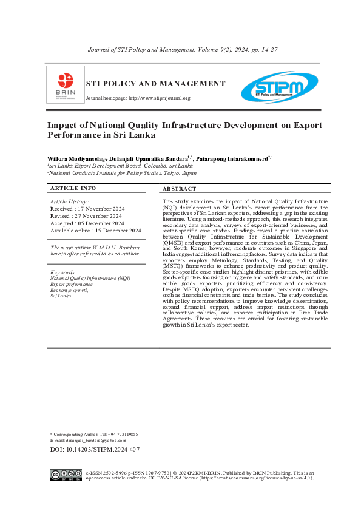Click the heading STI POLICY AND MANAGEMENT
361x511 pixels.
(155, 84)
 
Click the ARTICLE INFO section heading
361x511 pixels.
(73, 188)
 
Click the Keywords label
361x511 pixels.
(63, 272)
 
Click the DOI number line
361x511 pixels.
(95, 450)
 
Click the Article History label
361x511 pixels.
(69, 201)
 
